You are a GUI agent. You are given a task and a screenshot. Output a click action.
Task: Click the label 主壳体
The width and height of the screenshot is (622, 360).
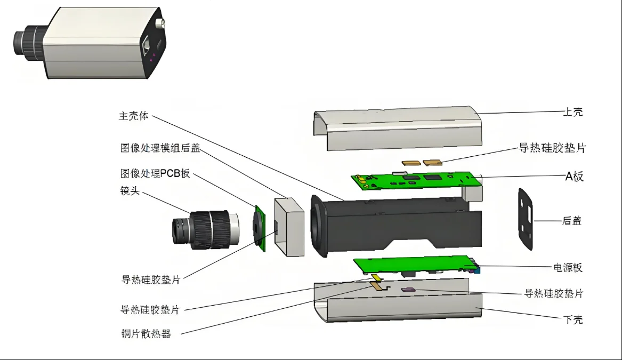pos(133,116)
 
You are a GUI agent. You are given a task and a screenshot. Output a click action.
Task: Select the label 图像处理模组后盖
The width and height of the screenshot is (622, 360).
pos(160,148)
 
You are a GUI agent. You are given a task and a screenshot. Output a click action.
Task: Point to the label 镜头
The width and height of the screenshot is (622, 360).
pos(130,190)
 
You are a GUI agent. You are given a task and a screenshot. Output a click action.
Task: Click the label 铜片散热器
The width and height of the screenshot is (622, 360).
pos(146,335)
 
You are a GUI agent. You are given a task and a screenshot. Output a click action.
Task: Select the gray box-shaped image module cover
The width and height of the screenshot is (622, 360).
pos(289,226)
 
